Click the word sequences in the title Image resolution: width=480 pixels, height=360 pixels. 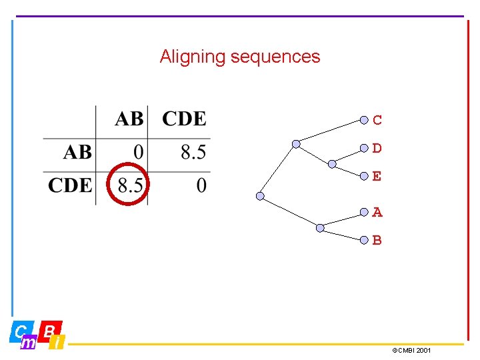click(x=275, y=57)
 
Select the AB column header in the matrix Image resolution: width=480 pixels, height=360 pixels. click(x=129, y=119)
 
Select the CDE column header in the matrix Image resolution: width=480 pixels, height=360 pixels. click(x=184, y=119)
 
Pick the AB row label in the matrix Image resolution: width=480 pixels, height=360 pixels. click(x=77, y=153)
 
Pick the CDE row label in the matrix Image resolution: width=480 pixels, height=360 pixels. click(x=70, y=185)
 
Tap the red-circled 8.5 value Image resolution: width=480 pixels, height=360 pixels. click(x=129, y=185)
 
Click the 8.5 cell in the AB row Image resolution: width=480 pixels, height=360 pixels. click(x=193, y=153)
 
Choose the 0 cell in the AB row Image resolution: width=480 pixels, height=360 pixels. click(x=138, y=153)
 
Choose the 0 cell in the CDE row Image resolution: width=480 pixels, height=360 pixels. click(x=201, y=185)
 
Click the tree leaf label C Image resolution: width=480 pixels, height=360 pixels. click(x=377, y=121)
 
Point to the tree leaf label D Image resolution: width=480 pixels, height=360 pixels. click(x=377, y=149)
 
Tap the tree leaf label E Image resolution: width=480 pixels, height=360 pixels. click(x=377, y=177)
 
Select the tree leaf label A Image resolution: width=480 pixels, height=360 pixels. click(x=377, y=213)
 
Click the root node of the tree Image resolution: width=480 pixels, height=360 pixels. click(x=260, y=196)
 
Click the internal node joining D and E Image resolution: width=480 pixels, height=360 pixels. click(x=332, y=163)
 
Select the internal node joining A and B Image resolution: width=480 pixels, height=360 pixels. click(x=320, y=228)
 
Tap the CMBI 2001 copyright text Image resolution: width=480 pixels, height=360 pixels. click(x=411, y=350)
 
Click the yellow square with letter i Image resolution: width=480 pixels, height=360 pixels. click(x=58, y=343)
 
